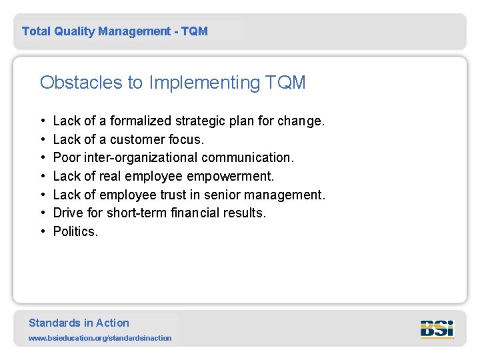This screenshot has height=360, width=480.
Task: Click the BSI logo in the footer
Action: pos(437,329)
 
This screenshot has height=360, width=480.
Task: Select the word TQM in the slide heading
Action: pos(285,83)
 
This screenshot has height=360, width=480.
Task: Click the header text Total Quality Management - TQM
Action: pos(115,31)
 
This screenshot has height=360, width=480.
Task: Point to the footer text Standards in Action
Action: pos(79,323)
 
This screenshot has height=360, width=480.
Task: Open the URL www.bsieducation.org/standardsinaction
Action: pos(100,338)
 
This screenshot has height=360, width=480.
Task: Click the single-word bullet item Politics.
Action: pos(75,231)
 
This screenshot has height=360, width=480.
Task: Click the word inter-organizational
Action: pos(141,158)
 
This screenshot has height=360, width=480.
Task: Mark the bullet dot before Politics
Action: pos(43,232)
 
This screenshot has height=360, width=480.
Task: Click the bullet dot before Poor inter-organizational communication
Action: pos(43,158)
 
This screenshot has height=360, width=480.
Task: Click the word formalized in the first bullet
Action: pos(141,121)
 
